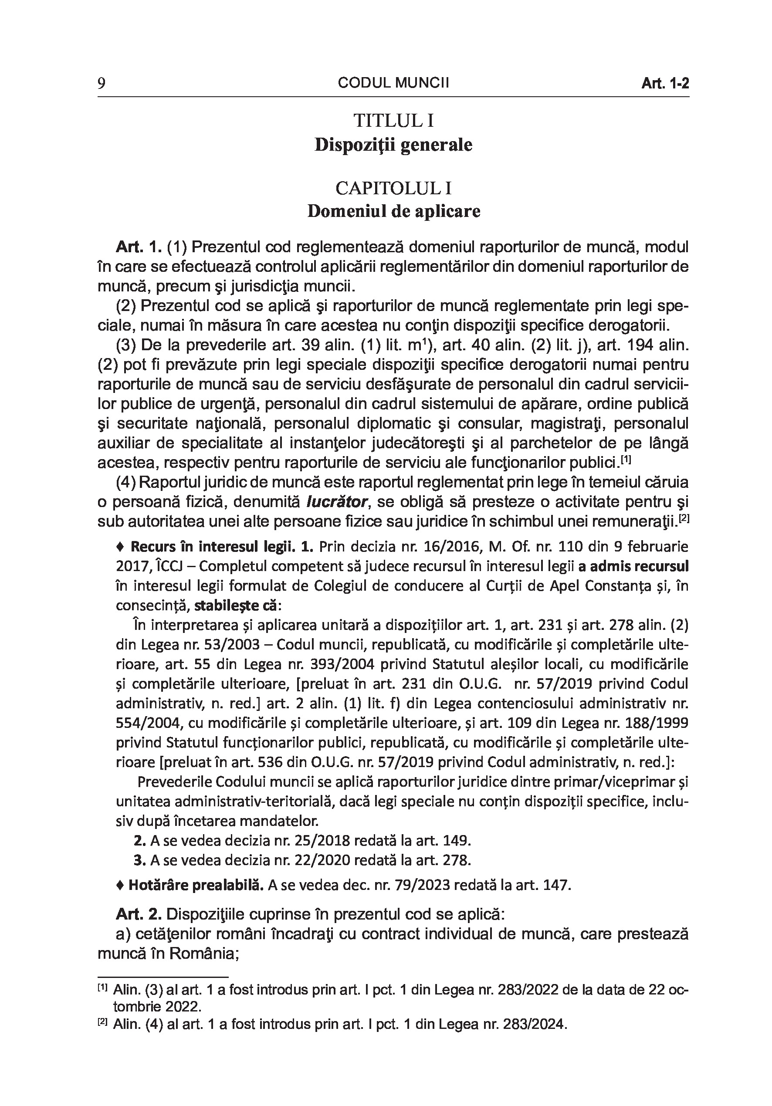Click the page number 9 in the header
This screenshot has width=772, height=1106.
point(101,84)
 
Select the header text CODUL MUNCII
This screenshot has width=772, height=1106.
point(393,83)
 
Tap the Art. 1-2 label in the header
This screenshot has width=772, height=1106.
point(664,84)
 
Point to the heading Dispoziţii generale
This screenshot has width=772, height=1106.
point(393,145)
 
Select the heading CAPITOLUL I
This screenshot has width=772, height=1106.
point(393,188)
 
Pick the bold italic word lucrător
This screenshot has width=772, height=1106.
point(337,502)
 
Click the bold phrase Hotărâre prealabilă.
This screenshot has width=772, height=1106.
point(196,886)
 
